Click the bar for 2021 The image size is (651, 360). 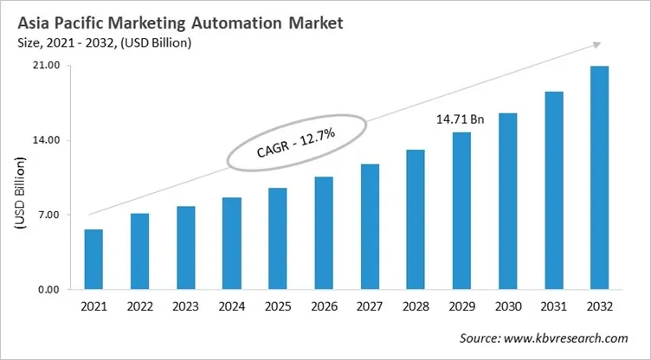pos(93,260)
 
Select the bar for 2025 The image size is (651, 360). pos(278,239)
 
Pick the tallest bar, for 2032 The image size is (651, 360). pos(599,177)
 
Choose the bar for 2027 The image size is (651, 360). pos(370,227)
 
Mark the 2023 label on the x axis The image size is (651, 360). pos(185,307)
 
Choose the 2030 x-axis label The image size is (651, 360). pos(507,307)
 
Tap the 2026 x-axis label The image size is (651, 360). pos(324,307)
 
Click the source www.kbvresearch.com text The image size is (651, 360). pos(542,338)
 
